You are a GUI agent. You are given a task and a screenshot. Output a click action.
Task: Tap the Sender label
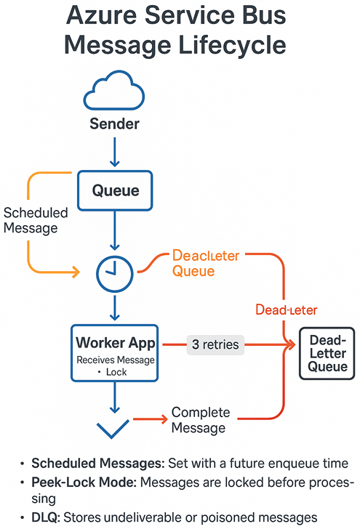(x=114, y=124)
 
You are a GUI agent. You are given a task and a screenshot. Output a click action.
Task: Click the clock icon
(x=114, y=274)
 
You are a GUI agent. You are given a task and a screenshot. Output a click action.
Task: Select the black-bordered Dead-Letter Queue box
(x=327, y=354)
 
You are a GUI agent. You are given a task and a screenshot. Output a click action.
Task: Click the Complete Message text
(x=199, y=421)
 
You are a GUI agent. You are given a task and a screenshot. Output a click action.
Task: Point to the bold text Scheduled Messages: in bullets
(x=89, y=463)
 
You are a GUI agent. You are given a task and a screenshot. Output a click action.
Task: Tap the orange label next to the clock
(x=205, y=263)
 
